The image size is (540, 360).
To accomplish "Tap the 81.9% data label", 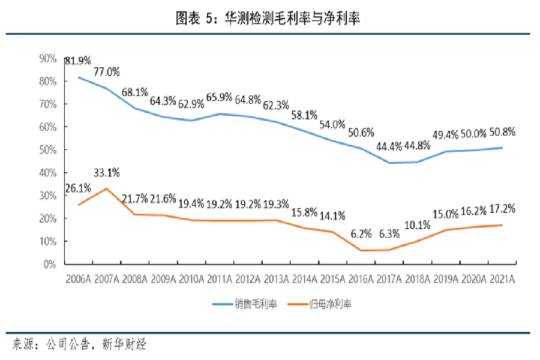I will point(78,61).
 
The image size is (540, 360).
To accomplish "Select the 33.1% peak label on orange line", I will point(107,173).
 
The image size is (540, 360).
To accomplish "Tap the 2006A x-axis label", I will point(78,280).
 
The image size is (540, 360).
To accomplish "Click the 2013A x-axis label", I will point(275,280).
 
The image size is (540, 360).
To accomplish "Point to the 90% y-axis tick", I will point(47,59).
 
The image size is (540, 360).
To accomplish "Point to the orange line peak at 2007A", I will point(106,188).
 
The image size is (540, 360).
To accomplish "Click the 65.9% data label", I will point(220,97).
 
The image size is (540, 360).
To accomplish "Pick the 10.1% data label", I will point(418,226).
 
